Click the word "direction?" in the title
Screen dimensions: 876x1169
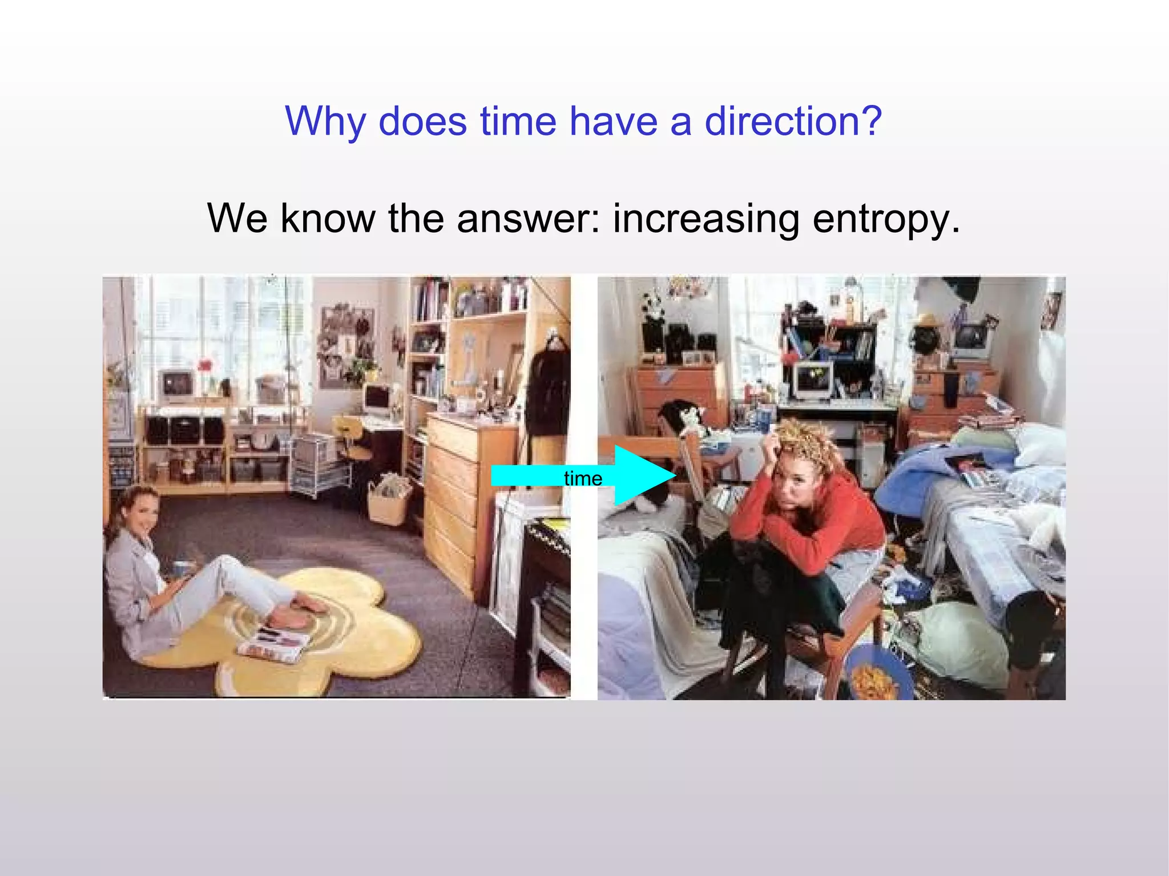(793, 122)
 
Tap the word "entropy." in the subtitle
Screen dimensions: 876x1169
(886, 219)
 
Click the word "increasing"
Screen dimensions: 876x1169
(706, 219)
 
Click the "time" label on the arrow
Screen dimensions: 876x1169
(583, 478)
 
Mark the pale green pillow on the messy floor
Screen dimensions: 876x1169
(959, 642)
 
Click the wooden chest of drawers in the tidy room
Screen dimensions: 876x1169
(457, 491)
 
